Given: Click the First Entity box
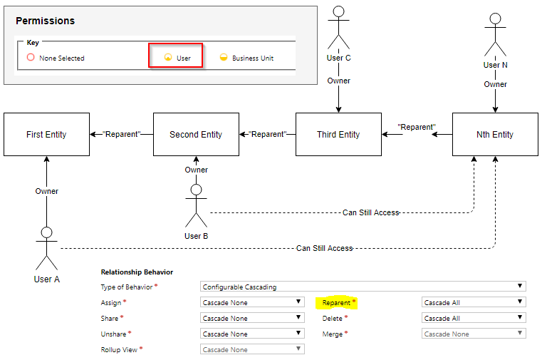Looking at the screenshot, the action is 47,134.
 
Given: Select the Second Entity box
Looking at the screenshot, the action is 196,134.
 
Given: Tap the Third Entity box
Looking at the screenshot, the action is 338,134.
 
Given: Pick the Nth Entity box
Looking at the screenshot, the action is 495,134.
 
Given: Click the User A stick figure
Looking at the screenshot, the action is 47,248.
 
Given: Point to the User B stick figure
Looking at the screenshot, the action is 196,205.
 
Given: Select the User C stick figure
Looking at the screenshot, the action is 338,27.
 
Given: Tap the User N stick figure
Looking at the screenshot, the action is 495,34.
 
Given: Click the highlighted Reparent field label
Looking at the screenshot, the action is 336,302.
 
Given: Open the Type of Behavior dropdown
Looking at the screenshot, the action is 363,287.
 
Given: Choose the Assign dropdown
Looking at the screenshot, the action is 252,302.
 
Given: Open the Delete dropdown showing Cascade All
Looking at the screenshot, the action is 474,318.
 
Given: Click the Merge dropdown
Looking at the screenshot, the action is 474,334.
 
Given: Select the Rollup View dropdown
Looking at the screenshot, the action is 252,349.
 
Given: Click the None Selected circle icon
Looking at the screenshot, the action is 31,57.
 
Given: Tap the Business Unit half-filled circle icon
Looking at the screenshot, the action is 224,57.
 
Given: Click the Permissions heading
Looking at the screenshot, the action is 46,21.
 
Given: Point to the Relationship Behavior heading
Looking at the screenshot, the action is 137,272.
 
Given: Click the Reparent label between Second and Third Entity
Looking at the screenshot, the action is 268,134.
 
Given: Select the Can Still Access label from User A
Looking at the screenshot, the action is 324,248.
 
